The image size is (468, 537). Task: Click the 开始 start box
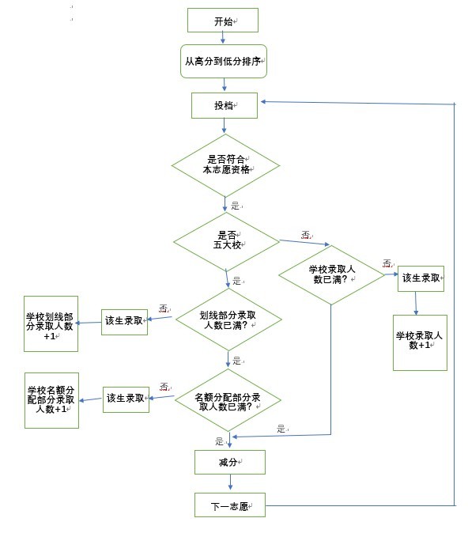point(223,21)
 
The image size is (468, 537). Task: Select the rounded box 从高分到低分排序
point(224,61)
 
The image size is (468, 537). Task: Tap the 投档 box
point(225,105)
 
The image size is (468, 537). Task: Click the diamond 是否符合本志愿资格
point(225,165)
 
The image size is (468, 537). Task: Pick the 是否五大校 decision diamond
point(226,241)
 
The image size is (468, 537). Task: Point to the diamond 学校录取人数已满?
point(331,274)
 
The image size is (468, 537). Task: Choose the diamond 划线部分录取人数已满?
point(228,320)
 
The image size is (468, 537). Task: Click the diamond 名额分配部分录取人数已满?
point(228,400)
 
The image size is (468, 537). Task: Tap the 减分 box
point(230,463)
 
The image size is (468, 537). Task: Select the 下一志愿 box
point(230,505)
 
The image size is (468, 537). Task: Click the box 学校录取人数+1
point(420,342)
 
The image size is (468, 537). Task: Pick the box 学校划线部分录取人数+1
point(51,323)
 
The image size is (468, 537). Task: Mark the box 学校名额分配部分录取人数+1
point(51,400)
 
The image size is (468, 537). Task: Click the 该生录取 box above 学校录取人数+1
point(421,278)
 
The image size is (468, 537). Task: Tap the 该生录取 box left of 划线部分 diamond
point(125,322)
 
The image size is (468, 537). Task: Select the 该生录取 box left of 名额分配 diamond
point(126,399)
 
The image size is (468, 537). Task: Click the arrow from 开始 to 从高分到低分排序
point(223,38)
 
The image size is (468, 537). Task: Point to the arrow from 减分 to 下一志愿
point(230,482)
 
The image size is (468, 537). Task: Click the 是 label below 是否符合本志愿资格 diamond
point(236,206)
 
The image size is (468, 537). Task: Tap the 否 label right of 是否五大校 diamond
point(306,235)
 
